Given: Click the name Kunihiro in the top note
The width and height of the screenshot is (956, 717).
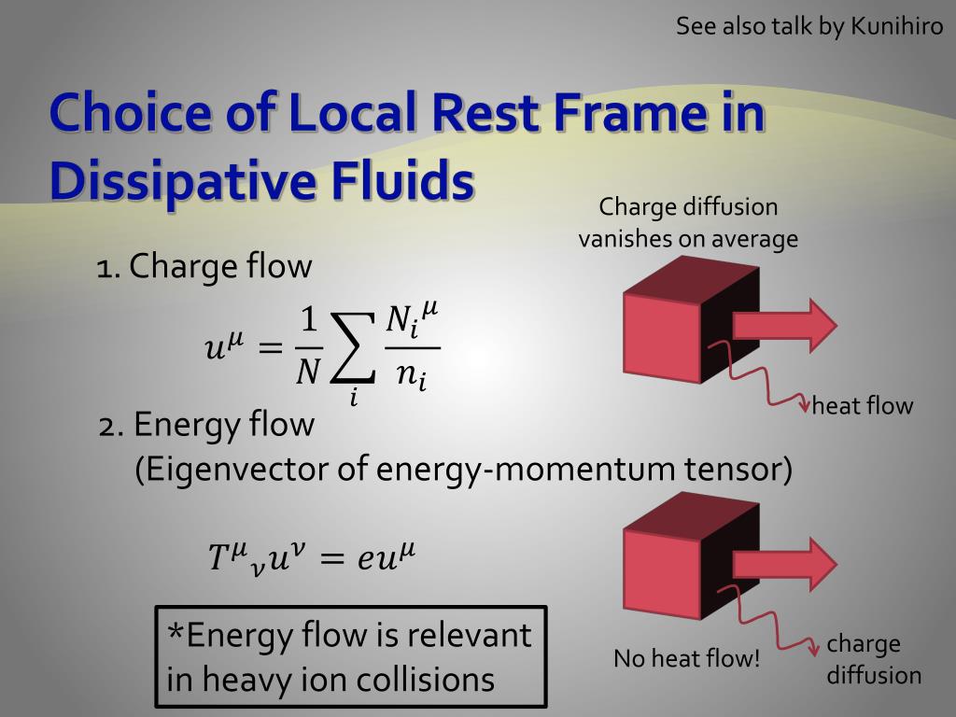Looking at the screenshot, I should (x=896, y=25).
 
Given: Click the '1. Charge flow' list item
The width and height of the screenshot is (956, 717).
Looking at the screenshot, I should (x=204, y=267).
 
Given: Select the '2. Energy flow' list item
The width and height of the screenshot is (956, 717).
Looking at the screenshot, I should (x=206, y=425).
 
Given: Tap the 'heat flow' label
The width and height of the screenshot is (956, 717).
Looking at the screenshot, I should (x=862, y=405).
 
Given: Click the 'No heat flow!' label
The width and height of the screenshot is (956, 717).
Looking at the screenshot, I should (x=687, y=659).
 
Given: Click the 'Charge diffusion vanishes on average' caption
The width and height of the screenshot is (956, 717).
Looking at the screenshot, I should (x=688, y=223).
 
